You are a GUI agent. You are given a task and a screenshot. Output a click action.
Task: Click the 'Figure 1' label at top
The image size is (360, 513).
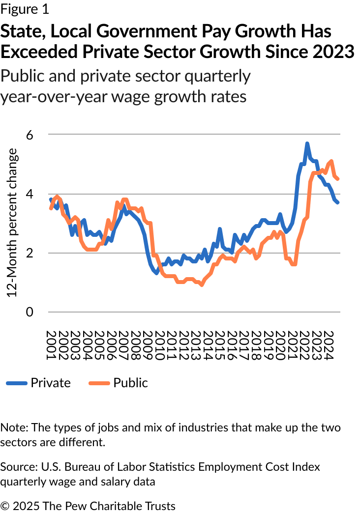pyautogui.click(x=24, y=9)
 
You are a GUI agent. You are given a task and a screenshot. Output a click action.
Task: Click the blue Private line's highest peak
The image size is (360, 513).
pyautogui.click(x=307, y=143)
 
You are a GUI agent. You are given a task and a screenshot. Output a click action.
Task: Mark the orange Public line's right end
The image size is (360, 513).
pyautogui.click(x=337, y=179)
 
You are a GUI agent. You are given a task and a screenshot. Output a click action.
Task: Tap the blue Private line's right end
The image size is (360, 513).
pyautogui.click(x=337, y=202)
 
